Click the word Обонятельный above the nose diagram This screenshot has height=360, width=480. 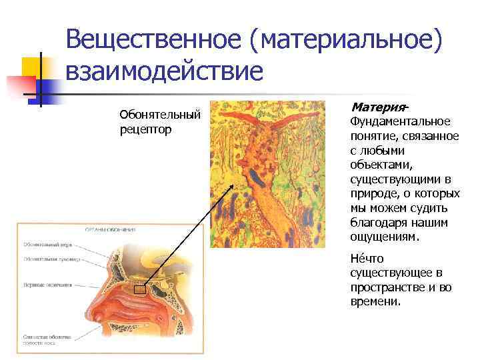[x=160, y=115]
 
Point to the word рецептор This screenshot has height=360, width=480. [x=145, y=129]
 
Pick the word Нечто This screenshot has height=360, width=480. [x=364, y=259]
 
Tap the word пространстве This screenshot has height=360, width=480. [x=391, y=287]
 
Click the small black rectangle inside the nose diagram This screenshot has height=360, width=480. [x=139, y=289]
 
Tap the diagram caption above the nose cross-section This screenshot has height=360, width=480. [x=109, y=229]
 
